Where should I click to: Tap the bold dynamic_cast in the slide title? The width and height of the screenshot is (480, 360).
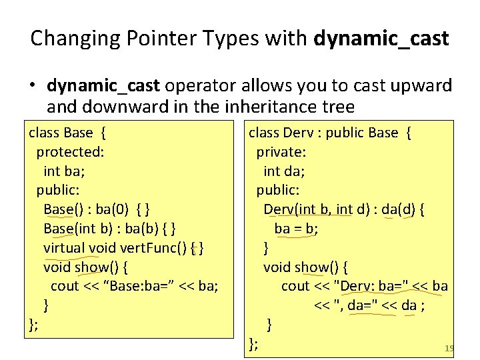[x=381, y=38]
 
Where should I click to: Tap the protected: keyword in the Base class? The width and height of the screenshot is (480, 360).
[x=70, y=151]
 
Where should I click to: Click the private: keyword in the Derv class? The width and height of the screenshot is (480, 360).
[x=281, y=152]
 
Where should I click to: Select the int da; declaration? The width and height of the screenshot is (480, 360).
[x=284, y=171]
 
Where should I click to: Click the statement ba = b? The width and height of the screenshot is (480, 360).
[x=296, y=229]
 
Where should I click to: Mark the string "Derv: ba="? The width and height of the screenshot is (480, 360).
[x=371, y=286]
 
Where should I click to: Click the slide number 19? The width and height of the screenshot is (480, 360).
[x=449, y=348]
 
